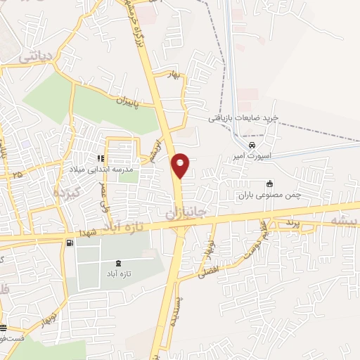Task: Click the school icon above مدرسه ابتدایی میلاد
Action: [x=101, y=159]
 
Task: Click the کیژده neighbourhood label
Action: [x=65, y=190]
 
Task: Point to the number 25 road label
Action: [x=17, y=174]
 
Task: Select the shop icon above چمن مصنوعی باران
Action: [x=269, y=184]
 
